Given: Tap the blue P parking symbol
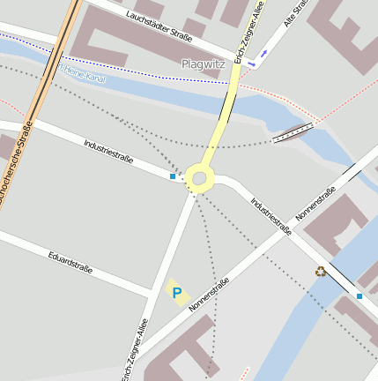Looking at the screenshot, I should coord(177,293).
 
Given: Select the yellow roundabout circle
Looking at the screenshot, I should coord(199,179).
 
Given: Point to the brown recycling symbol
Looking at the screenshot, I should coord(320,271).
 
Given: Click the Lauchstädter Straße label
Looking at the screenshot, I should coord(159,26).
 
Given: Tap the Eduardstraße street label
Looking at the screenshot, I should coord(71,262).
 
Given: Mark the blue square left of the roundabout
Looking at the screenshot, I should coord(172,177).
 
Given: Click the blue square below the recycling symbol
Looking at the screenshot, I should coord(359,295).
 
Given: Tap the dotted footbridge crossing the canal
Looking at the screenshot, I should coord(293,132).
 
